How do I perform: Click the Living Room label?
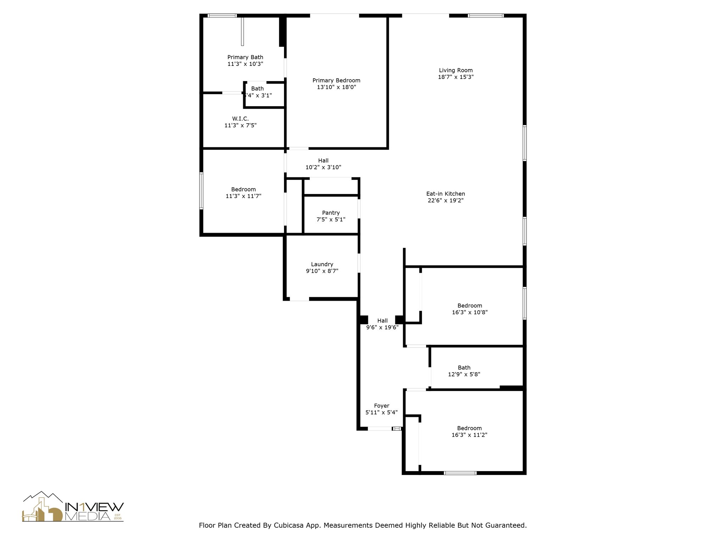tap(456, 70)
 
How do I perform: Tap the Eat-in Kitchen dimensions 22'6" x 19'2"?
tap(446, 200)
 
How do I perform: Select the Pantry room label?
tap(331, 212)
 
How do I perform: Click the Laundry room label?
tap(322, 264)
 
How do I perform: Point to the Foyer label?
tap(381, 406)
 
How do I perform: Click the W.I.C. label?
tap(240, 119)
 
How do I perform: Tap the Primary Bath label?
tap(245, 57)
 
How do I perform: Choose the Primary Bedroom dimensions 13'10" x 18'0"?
tap(336, 87)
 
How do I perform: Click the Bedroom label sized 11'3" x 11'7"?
tap(243, 189)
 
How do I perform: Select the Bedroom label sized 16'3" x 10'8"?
tap(470, 306)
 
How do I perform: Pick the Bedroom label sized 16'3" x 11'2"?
tap(469, 428)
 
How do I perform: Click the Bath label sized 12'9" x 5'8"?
tap(464, 368)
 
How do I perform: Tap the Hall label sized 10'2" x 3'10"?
tap(323, 160)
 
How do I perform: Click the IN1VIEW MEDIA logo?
tap(73, 507)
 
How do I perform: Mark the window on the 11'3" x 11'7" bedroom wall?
tap(201, 191)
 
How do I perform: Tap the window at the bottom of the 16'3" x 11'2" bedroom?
tap(460, 473)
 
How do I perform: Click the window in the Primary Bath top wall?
tap(222, 16)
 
